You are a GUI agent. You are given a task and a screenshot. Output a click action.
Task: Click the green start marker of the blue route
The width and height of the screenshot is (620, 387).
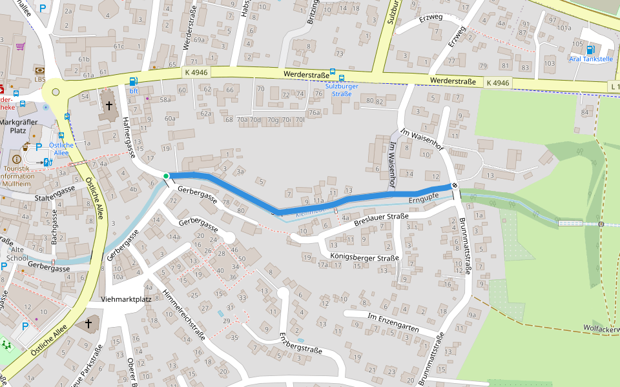pyautogui.click(x=166, y=175)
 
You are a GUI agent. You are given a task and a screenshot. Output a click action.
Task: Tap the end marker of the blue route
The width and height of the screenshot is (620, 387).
pyautogui.click(x=455, y=185)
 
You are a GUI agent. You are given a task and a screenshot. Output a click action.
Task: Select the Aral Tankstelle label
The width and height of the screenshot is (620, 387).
pyautogui.click(x=590, y=59)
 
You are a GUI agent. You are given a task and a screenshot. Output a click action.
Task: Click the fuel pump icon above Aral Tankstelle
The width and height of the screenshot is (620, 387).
pyautogui.click(x=590, y=49)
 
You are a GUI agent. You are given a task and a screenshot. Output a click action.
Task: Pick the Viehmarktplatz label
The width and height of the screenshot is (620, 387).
pyautogui.click(x=126, y=299)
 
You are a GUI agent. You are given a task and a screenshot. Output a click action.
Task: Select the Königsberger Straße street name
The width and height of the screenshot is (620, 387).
pyautogui.click(x=366, y=257)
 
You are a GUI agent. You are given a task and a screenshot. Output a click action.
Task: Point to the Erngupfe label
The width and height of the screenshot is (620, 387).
pyautogui.click(x=424, y=196)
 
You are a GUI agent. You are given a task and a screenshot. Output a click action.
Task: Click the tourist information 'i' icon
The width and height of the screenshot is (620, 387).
pyautogui.click(x=17, y=159)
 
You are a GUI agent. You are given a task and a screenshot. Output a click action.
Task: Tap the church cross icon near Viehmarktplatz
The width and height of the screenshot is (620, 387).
pyautogui.click(x=88, y=322)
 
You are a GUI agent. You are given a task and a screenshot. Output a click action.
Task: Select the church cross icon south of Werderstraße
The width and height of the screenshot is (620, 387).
pyautogui.click(x=109, y=104)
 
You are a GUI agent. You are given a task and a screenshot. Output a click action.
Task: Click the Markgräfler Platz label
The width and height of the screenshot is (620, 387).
pyautogui.click(x=19, y=126)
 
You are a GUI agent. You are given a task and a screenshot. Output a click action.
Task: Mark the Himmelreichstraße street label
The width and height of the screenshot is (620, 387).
pyautogui.click(x=185, y=313)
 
